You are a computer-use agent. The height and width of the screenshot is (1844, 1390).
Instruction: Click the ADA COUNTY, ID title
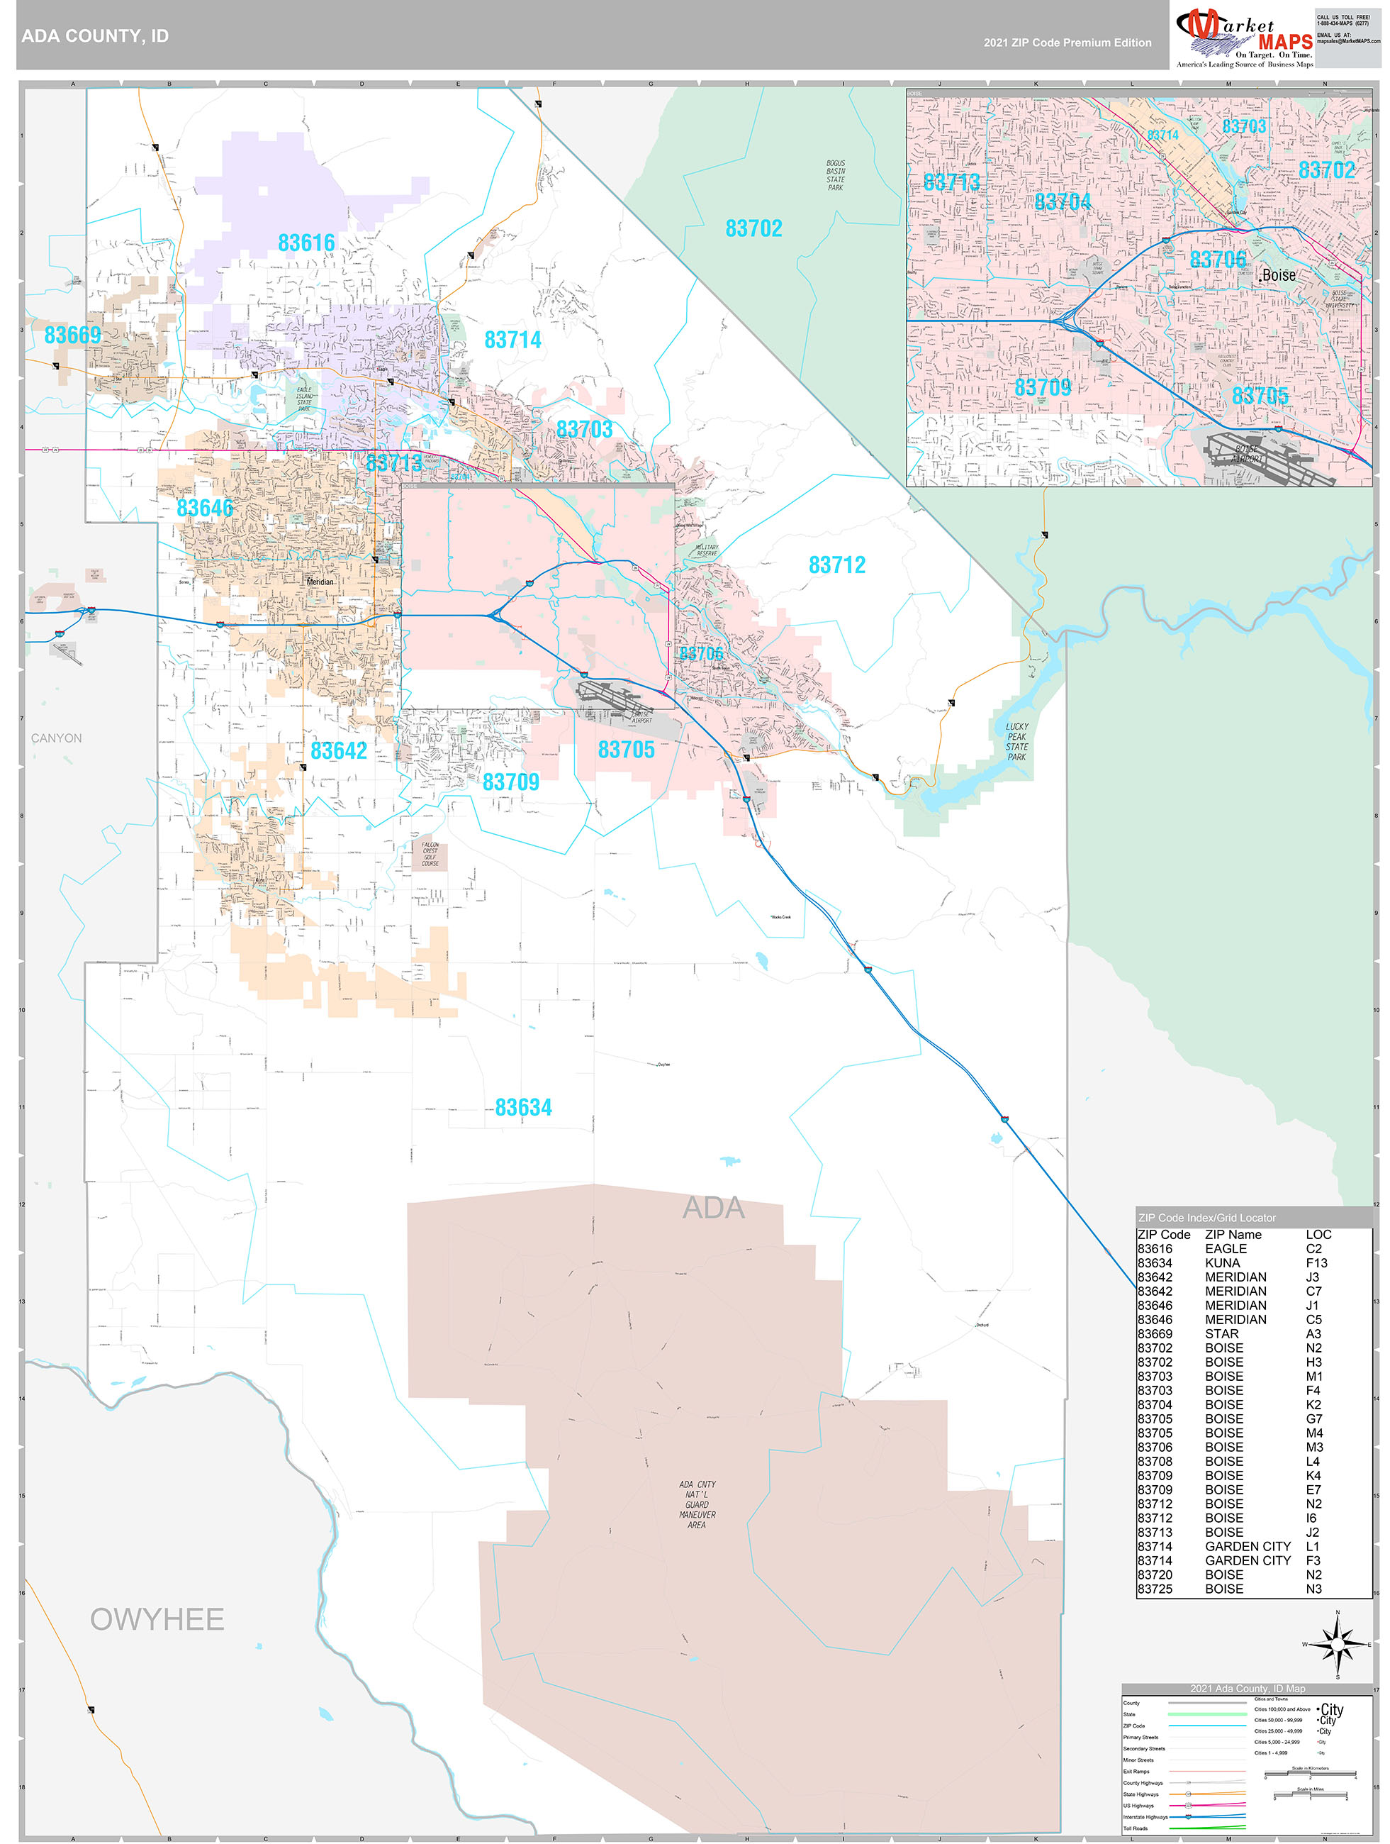click(95, 36)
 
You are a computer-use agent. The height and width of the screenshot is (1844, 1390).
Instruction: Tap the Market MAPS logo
click(1244, 37)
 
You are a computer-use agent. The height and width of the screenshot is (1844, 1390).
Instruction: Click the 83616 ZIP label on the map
click(306, 243)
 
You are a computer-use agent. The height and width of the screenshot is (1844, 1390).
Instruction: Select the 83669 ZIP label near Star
click(72, 335)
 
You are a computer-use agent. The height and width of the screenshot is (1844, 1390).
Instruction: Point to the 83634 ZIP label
click(523, 1107)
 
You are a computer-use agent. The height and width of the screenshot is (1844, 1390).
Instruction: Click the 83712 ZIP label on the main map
click(836, 565)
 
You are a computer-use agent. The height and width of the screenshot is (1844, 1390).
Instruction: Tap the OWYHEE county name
click(157, 1619)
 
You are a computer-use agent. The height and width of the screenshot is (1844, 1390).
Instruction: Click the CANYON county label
click(57, 738)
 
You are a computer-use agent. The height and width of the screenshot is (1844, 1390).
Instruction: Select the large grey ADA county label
click(713, 1208)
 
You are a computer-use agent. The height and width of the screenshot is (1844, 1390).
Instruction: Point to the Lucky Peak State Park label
click(1016, 741)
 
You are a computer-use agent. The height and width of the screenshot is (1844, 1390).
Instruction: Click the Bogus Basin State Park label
click(835, 176)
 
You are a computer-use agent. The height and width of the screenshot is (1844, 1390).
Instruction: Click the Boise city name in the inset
click(1279, 275)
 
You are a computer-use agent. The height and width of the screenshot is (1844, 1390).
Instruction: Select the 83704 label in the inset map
click(1063, 201)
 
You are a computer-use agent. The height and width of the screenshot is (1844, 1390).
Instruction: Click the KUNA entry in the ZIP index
click(1223, 1263)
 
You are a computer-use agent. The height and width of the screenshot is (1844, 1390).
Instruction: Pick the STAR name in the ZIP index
click(1222, 1334)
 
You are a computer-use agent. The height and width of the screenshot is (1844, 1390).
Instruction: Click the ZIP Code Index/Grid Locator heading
click(1206, 1218)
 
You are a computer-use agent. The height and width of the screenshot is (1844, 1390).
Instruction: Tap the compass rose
click(1338, 1644)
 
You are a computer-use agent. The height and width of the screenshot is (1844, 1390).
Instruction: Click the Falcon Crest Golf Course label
click(430, 854)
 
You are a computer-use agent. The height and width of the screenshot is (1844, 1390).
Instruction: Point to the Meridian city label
click(320, 582)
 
